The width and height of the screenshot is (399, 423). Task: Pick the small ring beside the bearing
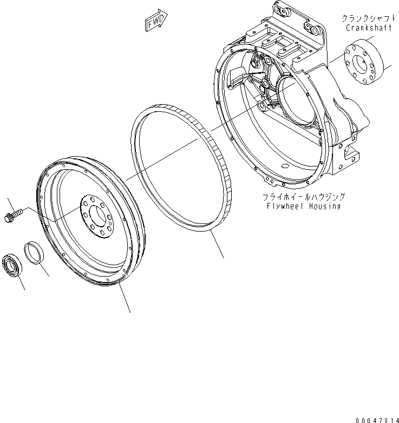pos(34,254)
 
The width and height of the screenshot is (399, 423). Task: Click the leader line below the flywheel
pos(125,299)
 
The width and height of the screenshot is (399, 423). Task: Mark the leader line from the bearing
pos(21,283)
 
